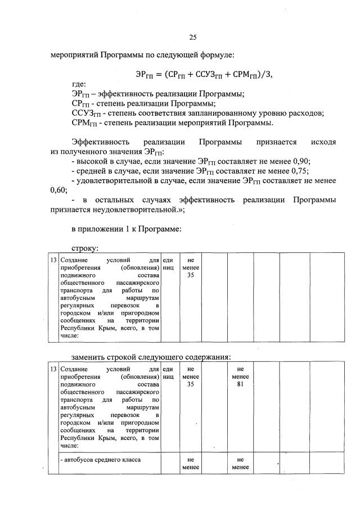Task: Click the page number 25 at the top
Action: point(192,38)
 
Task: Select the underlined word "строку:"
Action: point(85,248)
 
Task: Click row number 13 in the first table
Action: point(53,261)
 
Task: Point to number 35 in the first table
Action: point(190,275)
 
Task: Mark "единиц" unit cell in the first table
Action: point(168,265)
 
